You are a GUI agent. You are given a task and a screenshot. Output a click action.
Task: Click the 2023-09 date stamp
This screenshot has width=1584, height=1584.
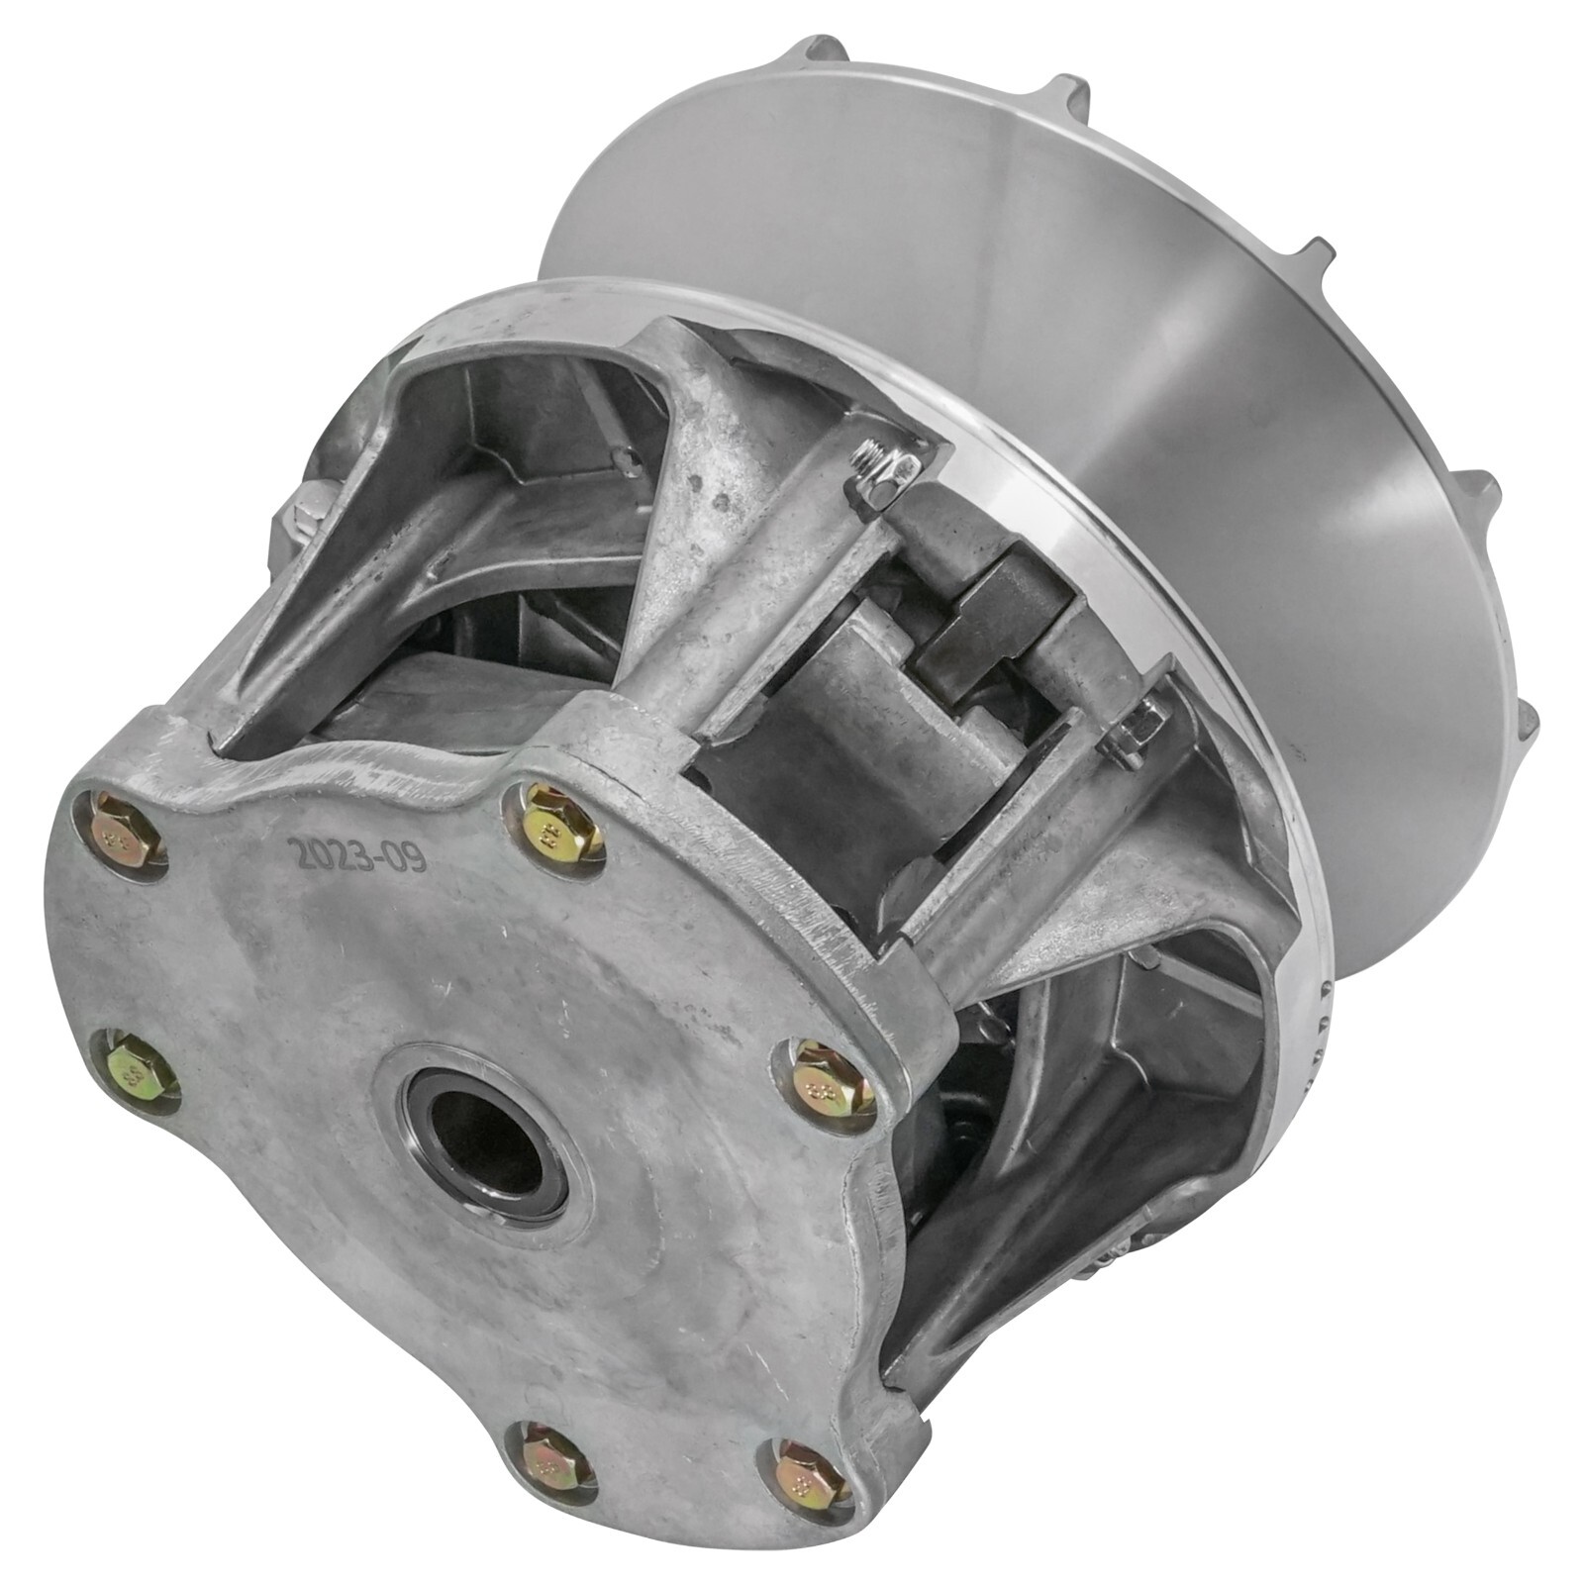357,852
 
